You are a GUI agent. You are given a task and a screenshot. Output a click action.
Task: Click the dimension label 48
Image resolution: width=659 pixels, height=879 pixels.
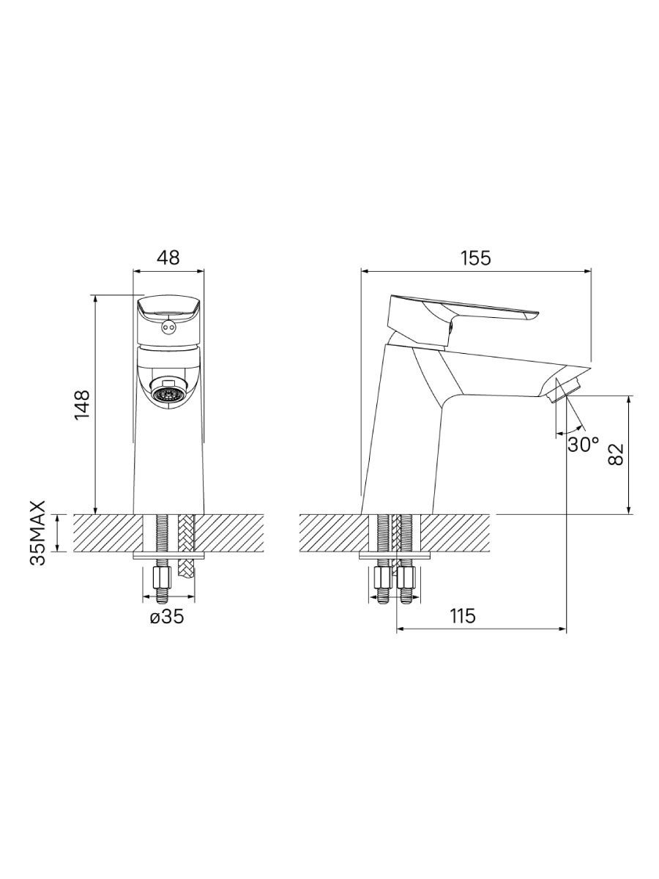click(168, 258)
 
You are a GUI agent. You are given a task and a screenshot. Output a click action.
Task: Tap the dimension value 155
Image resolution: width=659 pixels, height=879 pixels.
click(476, 258)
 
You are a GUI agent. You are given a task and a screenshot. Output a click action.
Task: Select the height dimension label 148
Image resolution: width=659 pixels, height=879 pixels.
click(83, 404)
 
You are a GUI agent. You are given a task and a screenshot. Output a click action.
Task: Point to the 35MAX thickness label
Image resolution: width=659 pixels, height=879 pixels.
click(38, 533)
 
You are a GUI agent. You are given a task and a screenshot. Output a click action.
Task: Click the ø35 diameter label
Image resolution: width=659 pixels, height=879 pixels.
click(167, 617)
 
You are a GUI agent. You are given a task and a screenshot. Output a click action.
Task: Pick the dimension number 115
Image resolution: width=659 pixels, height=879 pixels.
click(463, 616)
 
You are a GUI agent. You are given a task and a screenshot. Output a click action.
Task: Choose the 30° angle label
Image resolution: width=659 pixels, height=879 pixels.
click(583, 444)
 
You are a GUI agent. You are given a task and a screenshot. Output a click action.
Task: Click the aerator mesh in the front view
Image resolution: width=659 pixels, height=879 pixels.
click(168, 396)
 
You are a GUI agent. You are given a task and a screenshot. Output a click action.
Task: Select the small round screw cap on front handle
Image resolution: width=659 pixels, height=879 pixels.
click(168, 328)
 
